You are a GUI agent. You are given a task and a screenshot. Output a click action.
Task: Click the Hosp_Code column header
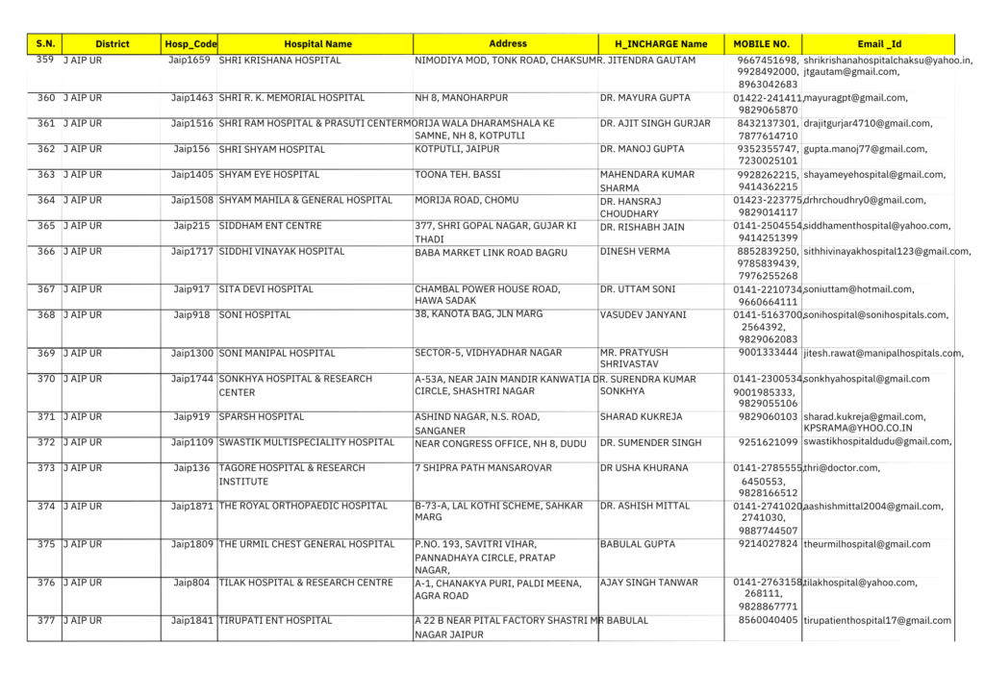click(x=190, y=44)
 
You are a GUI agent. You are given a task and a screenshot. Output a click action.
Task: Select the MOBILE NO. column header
click(x=761, y=44)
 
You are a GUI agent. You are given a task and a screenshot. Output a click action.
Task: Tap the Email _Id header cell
click(x=878, y=44)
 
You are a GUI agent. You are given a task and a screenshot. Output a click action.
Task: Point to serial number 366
click(x=45, y=252)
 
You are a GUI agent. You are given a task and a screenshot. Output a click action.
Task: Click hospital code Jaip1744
click(x=192, y=379)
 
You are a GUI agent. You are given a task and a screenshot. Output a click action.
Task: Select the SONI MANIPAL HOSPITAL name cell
click(x=277, y=354)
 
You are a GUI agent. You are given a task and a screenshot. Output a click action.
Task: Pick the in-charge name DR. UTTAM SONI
click(x=637, y=289)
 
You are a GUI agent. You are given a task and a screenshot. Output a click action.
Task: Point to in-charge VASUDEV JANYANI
click(x=643, y=314)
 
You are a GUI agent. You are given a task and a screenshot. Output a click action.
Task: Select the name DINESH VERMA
click(x=635, y=252)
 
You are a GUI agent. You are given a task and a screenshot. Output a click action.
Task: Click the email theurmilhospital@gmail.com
click(x=867, y=544)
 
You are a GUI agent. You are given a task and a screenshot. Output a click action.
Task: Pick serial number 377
click(x=45, y=621)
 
